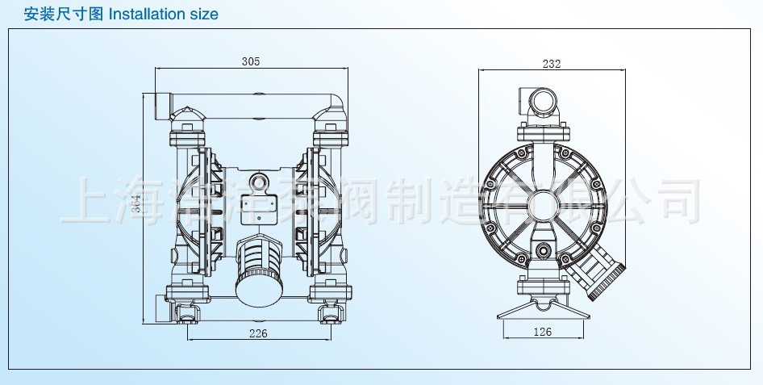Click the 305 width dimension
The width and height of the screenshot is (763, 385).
coord(250,61)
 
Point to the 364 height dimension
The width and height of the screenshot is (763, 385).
coord(137,209)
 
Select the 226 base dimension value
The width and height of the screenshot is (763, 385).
coord(258,333)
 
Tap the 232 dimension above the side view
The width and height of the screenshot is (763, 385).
coord(552,63)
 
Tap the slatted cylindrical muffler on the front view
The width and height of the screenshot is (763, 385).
coord(258,270)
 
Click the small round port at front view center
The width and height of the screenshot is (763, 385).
coord(260,183)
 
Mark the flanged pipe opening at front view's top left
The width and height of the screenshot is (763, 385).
coord(154,105)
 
